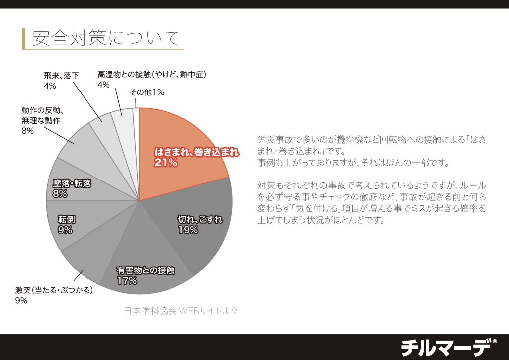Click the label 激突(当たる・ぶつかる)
click(x=54, y=290)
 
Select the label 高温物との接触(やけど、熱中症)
click(x=152, y=75)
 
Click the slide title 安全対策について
click(x=105, y=38)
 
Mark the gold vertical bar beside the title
click(x=23, y=38)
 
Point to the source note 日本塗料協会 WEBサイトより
click(x=180, y=311)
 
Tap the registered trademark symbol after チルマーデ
click(x=494, y=341)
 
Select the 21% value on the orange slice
click(x=166, y=163)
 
